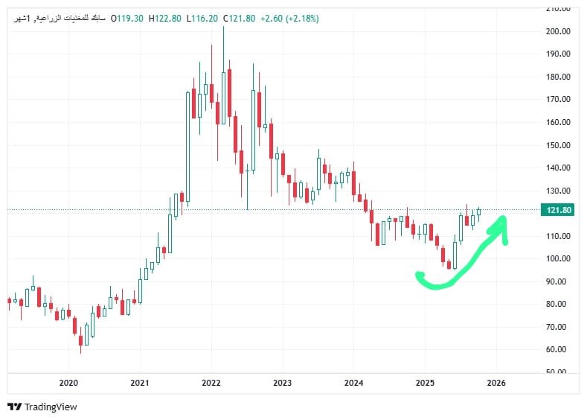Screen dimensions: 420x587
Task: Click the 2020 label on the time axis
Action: pyautogui.click(x=68, y=383)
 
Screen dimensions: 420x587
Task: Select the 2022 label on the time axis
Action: pyautogui.click(x=211, y=383)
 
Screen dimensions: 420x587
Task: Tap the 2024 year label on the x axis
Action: pyautogui.click(x=354, y=383)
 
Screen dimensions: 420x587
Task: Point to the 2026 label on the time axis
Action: pyautogui.click(x=496, y=383)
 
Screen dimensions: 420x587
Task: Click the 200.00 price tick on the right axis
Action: pyautogui.click(x=557, y=31)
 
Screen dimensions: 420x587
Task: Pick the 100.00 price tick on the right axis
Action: pyautogui.click(x=557, y=258)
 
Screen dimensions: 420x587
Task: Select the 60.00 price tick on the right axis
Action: pyautogui.click(x=559, y=349)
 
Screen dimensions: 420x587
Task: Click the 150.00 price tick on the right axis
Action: pyautogui.click(x=557, y=145)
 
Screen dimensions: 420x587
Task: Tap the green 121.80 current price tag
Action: pyautogui.click(x=558, y=210)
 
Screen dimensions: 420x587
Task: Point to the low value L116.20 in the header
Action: pyautogui.click(x=206, y=19)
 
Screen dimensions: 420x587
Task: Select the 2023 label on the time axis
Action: pyautogui.click(x=282, y=383)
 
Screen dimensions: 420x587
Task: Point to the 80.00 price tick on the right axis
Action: pyautogui.click(x=559, y=304)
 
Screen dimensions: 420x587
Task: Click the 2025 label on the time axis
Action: pyautogui.click(x=425, y=383)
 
